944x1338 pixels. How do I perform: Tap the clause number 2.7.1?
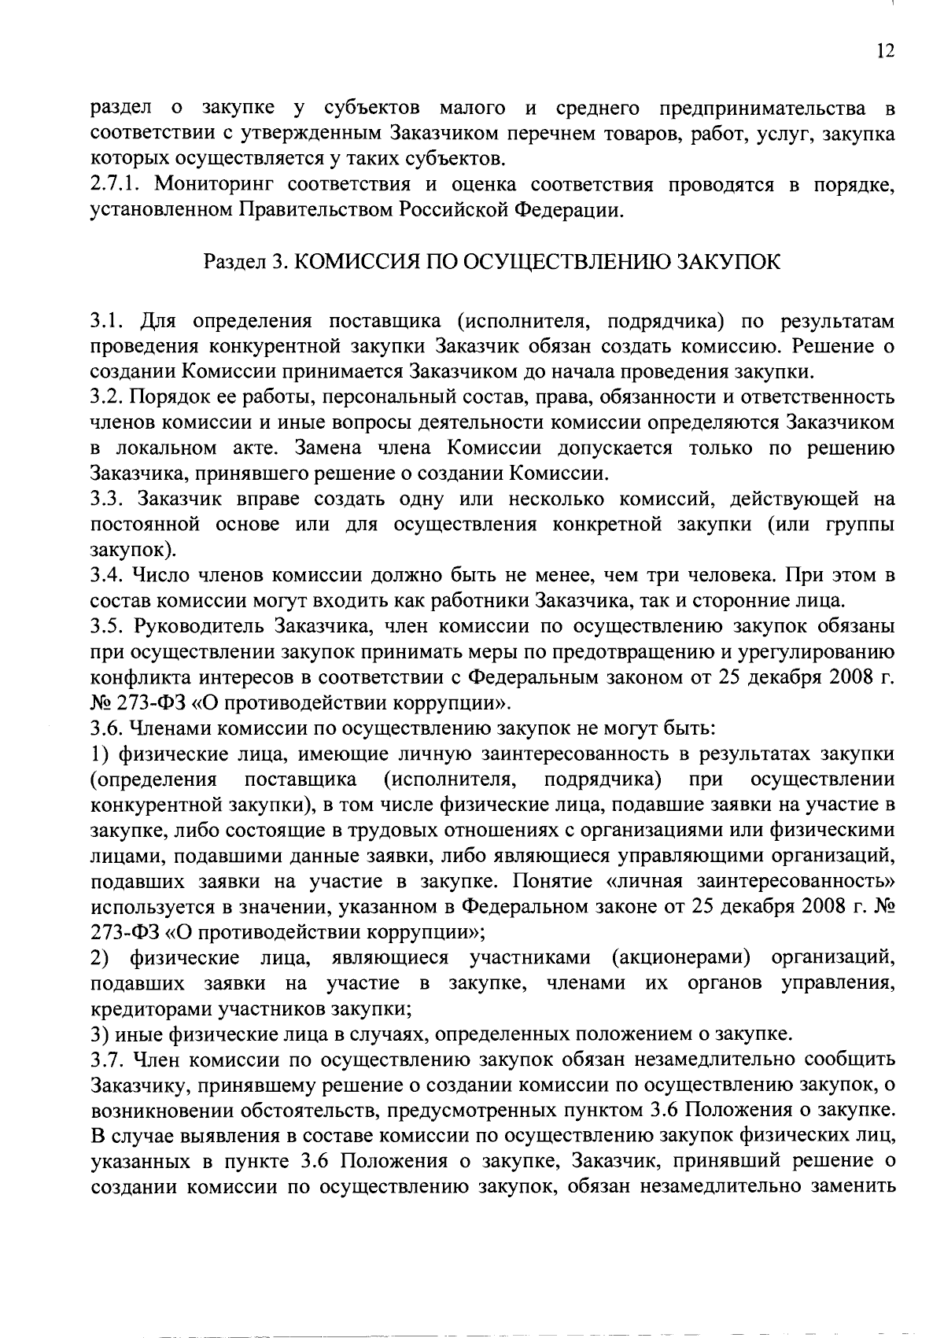pyautogui.click(x=115, y=186)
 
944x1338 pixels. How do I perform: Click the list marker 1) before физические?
pyautogui.click(x=100, y=754)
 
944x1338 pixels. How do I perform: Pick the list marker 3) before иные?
pyautogui.click(x=100, y=1034)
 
